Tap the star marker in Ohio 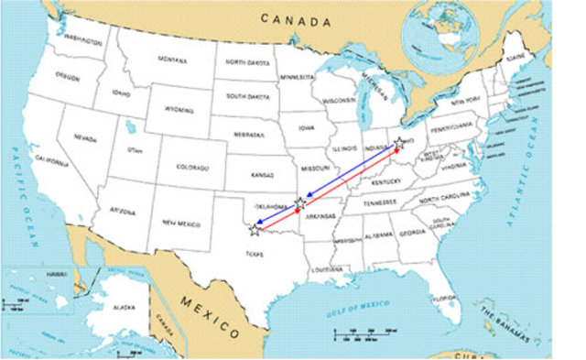(398, 144)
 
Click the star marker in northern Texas (255, 229)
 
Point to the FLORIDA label (444, 298)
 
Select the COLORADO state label (192, 168)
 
